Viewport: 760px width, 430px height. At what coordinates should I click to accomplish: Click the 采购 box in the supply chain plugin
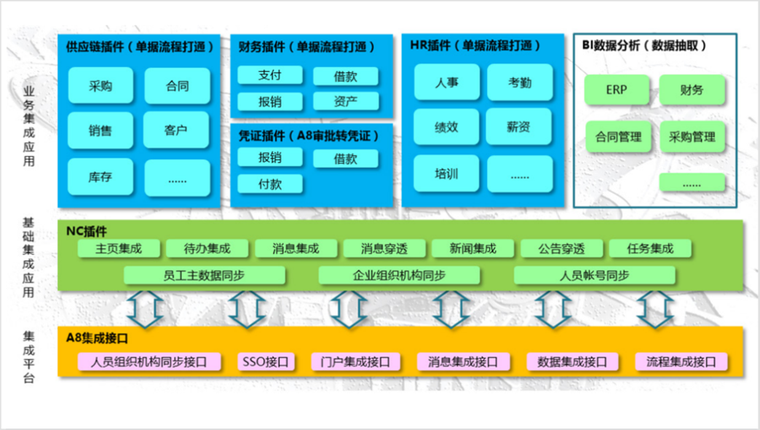point(100,85)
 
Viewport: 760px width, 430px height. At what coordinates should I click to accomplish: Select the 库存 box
point(100,176)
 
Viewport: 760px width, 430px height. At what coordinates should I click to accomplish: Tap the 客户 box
point(176,130)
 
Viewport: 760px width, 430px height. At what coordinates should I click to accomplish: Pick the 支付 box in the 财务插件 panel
point(269,75)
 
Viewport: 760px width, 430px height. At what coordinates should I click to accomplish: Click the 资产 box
point(346,101)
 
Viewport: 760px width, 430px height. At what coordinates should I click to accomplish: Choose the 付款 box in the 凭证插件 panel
point(269,184)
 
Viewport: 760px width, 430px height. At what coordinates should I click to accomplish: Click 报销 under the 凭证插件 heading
point(269,157)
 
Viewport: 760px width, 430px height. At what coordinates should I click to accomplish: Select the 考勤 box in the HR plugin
point(520,82)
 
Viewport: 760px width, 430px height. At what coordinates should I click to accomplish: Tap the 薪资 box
point(519,127)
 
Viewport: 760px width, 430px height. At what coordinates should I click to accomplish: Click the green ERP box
point(616,90)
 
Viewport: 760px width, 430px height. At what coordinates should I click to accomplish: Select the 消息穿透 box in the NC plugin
point(384,249)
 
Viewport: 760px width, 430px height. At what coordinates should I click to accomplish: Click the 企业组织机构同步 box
point(399,275)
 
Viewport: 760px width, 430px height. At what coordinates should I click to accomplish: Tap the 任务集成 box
point(650,249)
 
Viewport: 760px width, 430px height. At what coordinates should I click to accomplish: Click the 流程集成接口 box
point(681,361)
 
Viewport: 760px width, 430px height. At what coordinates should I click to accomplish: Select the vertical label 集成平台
point(29,357)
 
